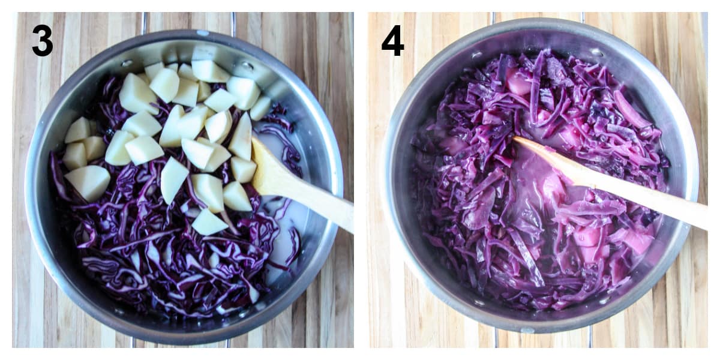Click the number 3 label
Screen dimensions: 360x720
point(42,41)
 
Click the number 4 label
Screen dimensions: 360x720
point(392,41)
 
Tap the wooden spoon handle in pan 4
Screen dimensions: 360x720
point(648,197)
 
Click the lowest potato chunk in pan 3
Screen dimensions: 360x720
point(208,223)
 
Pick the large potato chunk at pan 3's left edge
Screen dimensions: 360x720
point(88,181)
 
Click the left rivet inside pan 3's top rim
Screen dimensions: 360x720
point(127,62)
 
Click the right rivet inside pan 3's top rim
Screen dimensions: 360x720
point(247,65)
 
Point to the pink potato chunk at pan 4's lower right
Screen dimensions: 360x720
point(637,240)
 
